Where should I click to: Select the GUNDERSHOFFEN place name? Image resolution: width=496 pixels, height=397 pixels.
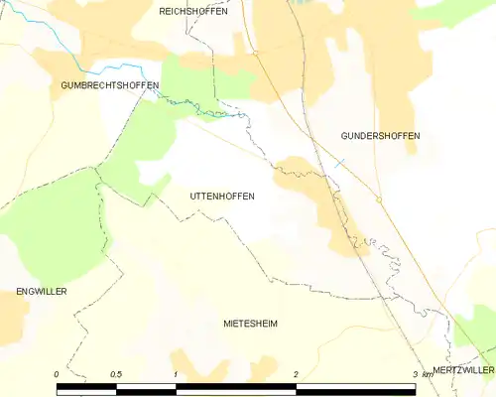[x=379, y=135]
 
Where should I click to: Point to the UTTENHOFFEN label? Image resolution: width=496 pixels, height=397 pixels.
[x=221, y=197]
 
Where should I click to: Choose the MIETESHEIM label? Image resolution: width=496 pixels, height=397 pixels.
[x=250, y=324]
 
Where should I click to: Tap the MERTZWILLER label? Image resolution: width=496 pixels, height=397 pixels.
[x=462, y=369]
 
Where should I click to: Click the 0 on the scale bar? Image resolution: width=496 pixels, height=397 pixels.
[x=57, y=374]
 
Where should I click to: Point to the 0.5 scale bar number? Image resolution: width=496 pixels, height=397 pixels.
[x=116, y=374]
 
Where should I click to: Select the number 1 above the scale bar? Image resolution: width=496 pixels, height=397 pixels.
[x=176, y=374]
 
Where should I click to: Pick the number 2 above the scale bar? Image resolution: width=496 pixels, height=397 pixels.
[x=296, y=374]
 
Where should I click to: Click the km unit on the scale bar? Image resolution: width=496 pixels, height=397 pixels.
[x=428, y=374]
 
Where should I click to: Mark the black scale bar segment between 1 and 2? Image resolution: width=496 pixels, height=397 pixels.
[x=236, y=385]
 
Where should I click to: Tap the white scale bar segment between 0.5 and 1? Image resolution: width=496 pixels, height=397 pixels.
[x=146, y=385]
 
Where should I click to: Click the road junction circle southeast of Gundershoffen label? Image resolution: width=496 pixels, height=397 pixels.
[x=379, y=198]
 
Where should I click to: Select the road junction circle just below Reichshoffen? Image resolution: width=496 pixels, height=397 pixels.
[x=255, y=53]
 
